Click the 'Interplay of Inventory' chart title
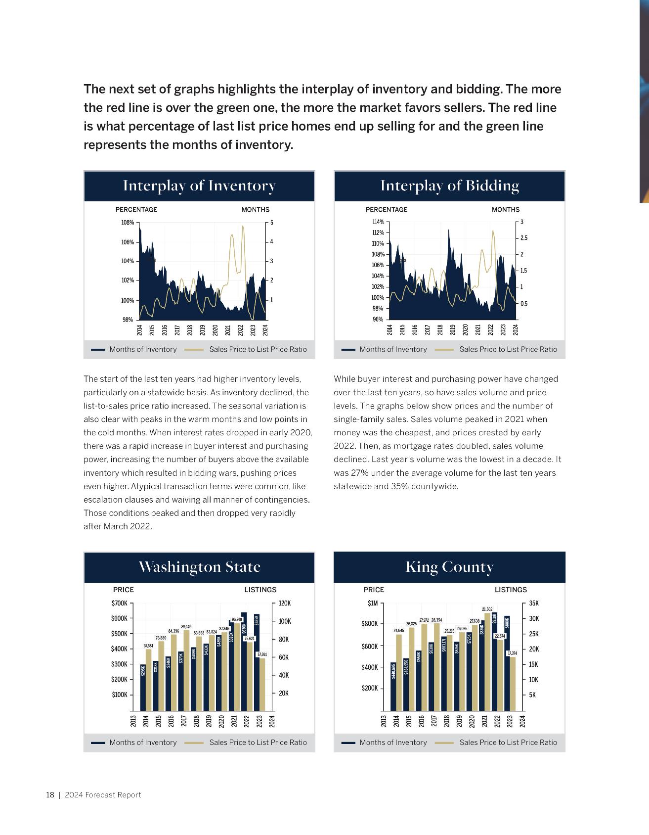199,186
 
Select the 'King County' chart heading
449,567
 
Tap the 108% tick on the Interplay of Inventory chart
128,223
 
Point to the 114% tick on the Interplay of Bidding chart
378,222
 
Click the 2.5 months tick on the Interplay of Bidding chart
524,238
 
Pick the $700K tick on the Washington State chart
120,603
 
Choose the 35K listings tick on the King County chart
534,603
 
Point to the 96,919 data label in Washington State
237,619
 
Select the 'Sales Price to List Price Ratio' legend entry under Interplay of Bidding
508,349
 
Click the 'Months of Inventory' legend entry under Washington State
143,742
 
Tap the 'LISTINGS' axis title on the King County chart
511,590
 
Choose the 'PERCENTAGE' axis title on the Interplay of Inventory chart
136,210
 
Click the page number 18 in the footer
50,795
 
